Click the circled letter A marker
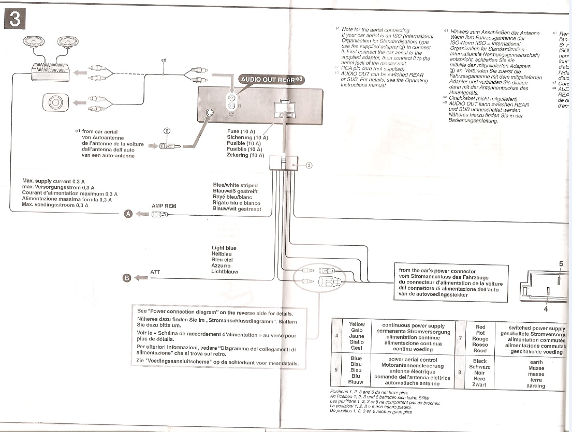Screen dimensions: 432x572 pos(127,215)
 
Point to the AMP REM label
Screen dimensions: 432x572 pos(164,206)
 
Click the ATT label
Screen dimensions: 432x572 pos(155,271)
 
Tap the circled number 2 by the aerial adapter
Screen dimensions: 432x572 pos(167,131)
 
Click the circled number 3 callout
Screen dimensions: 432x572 pos(309,166)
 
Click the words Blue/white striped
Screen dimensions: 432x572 pos(235,185)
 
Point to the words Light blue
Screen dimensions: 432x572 pos(224,248)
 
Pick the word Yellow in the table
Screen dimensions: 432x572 pos(357,324)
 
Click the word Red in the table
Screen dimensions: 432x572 pos(480,327)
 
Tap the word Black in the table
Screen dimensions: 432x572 pos(480,361)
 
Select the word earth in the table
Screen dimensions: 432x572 pos(536,362)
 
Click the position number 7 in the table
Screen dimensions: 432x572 pos(460,338)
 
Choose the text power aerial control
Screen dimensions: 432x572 pos(413,360)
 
